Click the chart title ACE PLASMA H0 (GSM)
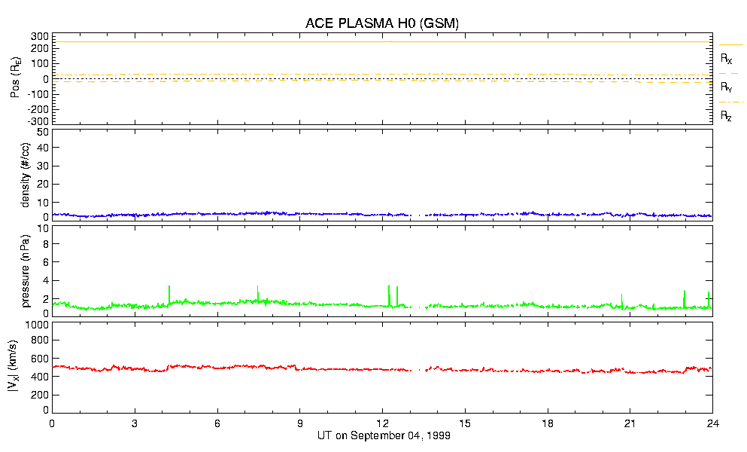(381, 23)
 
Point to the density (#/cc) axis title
(26, 176)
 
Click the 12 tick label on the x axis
(382, 423)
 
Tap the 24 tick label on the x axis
(712, 423)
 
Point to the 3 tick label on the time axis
(135, 423)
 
